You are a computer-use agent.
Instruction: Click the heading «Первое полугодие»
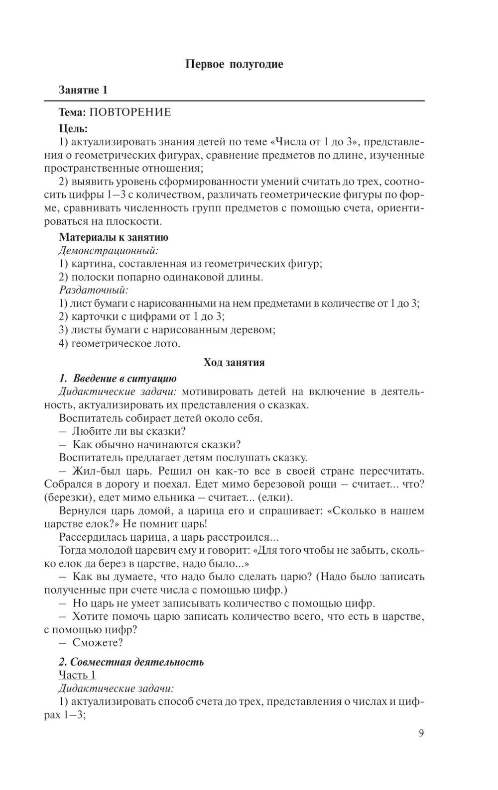(234, 64)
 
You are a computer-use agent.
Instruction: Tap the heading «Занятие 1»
(83, 90)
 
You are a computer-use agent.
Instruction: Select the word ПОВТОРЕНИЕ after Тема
(130, 112)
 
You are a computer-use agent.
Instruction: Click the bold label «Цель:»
(73, 129)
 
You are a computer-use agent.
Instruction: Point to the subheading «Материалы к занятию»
(114, 237)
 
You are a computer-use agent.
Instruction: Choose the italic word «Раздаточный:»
(94, 290)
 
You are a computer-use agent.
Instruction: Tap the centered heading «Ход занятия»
(234, 362)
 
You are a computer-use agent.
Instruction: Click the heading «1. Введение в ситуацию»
(118, 379)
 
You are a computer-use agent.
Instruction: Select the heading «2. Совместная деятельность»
(131, 662)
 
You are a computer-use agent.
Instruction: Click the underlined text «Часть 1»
(77, 675)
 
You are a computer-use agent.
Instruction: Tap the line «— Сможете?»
(91, 643)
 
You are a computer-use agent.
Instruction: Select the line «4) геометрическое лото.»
(120, 343)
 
